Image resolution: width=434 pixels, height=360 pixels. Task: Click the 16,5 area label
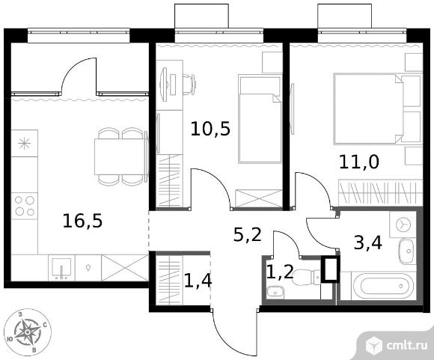click(82, 222)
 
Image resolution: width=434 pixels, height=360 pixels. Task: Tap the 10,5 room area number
click(210, 129)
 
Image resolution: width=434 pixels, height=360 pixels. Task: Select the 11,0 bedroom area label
click(358, 162)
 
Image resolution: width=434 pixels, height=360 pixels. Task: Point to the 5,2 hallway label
click(247, 235)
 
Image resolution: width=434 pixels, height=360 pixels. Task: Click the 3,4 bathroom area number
click(368, 242)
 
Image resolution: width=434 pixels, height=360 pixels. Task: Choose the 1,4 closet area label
click(198, 280)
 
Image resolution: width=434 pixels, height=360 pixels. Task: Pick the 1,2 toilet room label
click(280, 272)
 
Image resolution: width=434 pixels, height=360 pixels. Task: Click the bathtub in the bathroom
click(383, 287)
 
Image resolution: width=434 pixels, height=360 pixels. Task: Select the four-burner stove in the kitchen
click(25, 206)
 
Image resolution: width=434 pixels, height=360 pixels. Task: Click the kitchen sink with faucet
click(61, 268)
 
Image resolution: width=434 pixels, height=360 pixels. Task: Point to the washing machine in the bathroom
click(403, 225)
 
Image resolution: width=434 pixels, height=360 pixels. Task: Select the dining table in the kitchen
click(120, 156)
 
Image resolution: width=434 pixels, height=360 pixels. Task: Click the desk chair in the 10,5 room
click(189, 85)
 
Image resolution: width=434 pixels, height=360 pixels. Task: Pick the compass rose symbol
click(28, 332)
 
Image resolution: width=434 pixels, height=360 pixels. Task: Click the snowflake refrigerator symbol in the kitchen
click(25, 144)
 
